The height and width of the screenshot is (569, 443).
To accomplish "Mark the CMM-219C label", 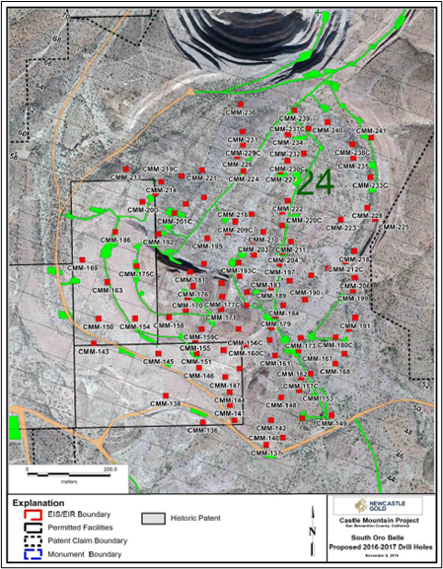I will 161,169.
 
